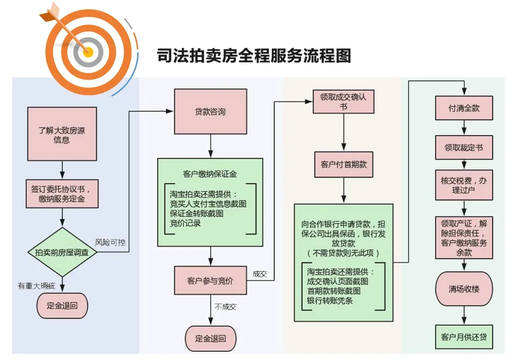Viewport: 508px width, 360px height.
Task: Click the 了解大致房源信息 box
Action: click(62, 134)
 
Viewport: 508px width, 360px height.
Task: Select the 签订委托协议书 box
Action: click(62, 193)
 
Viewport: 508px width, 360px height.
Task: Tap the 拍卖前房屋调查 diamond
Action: click(62, 252)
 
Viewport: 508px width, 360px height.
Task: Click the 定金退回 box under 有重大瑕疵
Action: click(62, 306)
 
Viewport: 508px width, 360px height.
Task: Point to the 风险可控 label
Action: click(110, 242)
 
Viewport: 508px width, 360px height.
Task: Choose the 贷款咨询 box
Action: click(210, 112)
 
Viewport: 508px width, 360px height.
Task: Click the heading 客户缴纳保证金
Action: click(209, 174)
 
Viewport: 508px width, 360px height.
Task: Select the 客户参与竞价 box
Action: click(210, 280)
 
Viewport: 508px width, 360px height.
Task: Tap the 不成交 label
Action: click(226, 307)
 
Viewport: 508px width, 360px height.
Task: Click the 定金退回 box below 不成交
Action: click(210, 338)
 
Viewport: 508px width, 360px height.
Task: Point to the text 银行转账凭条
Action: click(330, 301)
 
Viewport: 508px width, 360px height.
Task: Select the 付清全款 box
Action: click(464, 109)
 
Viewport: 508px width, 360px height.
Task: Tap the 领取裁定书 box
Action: click(464, 148)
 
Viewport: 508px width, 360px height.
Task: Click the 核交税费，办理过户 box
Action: click(464, 185)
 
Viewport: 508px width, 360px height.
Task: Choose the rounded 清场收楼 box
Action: click(464, 289)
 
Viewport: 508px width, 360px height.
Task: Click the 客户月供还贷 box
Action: click(464, 337)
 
